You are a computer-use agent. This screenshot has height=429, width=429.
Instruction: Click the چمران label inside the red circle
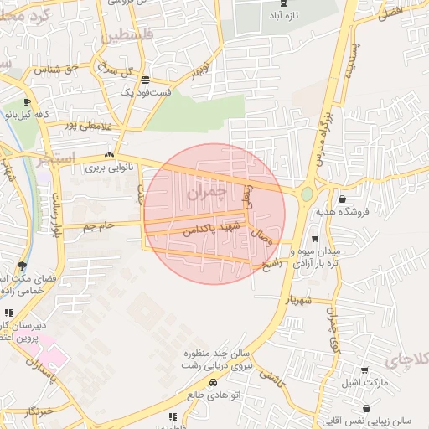coord(204,193)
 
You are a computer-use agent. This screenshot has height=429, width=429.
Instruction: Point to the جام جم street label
coord(99,225)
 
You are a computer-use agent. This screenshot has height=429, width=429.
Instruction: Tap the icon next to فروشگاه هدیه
coord(343,199)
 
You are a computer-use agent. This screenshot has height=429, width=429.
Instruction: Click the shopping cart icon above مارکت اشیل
coord(364,370)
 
